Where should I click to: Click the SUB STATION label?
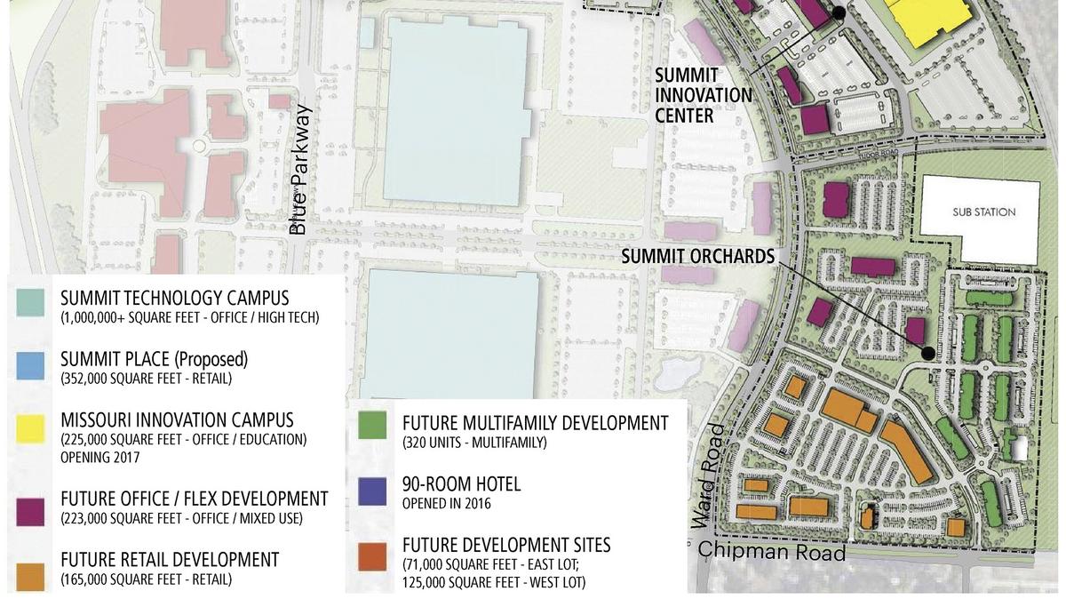(983, 212)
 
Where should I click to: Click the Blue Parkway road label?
(300, 171)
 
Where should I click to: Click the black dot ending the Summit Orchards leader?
(927, 353)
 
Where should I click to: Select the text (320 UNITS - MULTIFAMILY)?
(474, 443)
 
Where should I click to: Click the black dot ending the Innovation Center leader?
(839, 12)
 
